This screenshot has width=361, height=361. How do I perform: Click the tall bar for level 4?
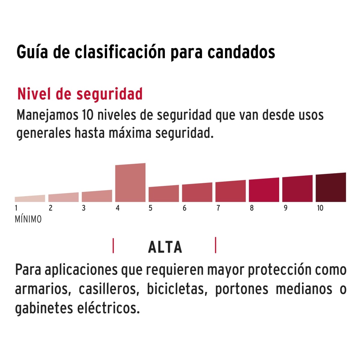130,183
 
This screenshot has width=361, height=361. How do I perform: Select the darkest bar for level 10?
331,187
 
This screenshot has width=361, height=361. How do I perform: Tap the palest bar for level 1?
30,199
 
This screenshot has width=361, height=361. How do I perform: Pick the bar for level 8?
264,190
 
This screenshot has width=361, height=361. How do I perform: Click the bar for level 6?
197,193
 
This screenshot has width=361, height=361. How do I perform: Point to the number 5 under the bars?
150,208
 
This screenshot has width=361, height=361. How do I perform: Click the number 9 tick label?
285,208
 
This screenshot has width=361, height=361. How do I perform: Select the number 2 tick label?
51,208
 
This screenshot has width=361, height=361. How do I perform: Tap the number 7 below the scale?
218,208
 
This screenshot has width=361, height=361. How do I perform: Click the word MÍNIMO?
28,219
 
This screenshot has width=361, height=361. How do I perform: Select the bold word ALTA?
165,247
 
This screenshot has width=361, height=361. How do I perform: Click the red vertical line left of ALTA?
113,245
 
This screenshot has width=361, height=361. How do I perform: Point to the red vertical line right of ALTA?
216,245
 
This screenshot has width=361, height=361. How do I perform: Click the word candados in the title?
241,52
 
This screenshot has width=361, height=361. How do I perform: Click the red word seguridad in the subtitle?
110,94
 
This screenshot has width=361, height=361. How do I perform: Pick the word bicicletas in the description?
177,289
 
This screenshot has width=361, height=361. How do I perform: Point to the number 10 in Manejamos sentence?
87,116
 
